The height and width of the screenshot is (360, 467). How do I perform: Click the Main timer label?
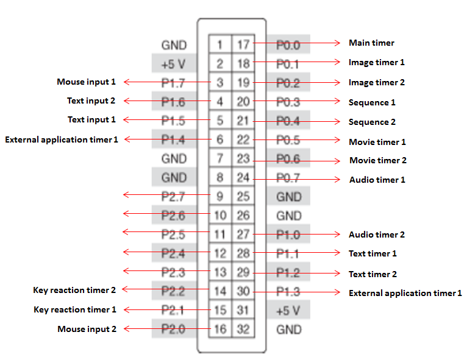click(x=371, y=43)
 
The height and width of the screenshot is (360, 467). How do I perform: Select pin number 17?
click(x=243, y=44)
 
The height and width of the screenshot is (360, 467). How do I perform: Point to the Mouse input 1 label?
click(x=86, y=82)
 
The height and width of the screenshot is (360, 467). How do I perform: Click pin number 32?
click(x=243, y=330)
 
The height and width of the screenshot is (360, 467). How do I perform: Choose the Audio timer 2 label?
click(x=376, y=235)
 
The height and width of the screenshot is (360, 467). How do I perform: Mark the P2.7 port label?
click(x=174, y=196)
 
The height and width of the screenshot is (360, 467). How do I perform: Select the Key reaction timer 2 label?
click(x=74, y=290)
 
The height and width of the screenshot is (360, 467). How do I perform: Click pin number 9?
click(x=220, y=196)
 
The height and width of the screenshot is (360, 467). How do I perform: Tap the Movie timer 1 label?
click(x=377, y=142)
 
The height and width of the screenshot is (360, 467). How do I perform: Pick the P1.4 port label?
click(x=174, y=139)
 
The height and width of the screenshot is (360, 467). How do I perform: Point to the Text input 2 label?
click(x=91, y=101)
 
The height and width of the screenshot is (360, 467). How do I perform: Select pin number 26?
click(x=243, y=215)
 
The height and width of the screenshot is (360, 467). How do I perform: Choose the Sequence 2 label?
click(x=372, y=122)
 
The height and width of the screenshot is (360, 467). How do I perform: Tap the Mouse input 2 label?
click(x=87, y=329)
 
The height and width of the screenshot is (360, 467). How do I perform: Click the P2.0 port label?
click(x=174, y=329)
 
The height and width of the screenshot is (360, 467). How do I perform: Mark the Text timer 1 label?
click(x=373, y=253)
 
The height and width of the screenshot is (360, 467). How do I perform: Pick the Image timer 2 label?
click(x=376, y=82)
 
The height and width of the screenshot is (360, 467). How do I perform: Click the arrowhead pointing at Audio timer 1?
click(x=337, y=179)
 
